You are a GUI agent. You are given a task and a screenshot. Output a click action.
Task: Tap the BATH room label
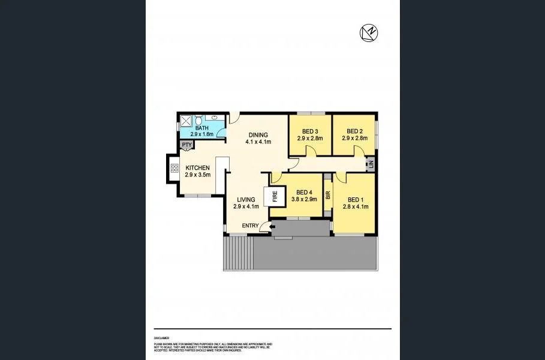pyautogui.click(x=202, y=128)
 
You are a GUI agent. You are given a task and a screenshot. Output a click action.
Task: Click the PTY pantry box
pyautogui.click(x=186, y=145)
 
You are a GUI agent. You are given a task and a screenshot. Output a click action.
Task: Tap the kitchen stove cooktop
pyautogui.click(x=175, y=169)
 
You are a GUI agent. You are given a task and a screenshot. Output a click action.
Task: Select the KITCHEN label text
pyautogui.click(x=197, y=168)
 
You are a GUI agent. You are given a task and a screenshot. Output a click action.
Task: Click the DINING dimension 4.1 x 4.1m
pyautogui.click(x=258, y=142)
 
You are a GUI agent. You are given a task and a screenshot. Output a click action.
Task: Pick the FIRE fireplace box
pyautogui.click(x=276, y=196)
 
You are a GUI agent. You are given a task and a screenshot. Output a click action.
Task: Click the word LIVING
pyautogui.click(x=246, y=199)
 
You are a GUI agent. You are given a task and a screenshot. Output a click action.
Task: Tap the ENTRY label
pyautogui.click(x=250, y=226)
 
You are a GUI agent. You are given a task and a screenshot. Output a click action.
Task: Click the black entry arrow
pyautogui.click(x=264, y=226)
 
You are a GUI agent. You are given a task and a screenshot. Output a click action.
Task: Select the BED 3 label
pyautogui.click(x=309, y=131)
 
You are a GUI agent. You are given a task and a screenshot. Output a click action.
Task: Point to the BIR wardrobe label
pyautogui.click(x=328, y=195)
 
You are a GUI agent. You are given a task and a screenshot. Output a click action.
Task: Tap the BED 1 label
pyautogui.click(x=355, y=200)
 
